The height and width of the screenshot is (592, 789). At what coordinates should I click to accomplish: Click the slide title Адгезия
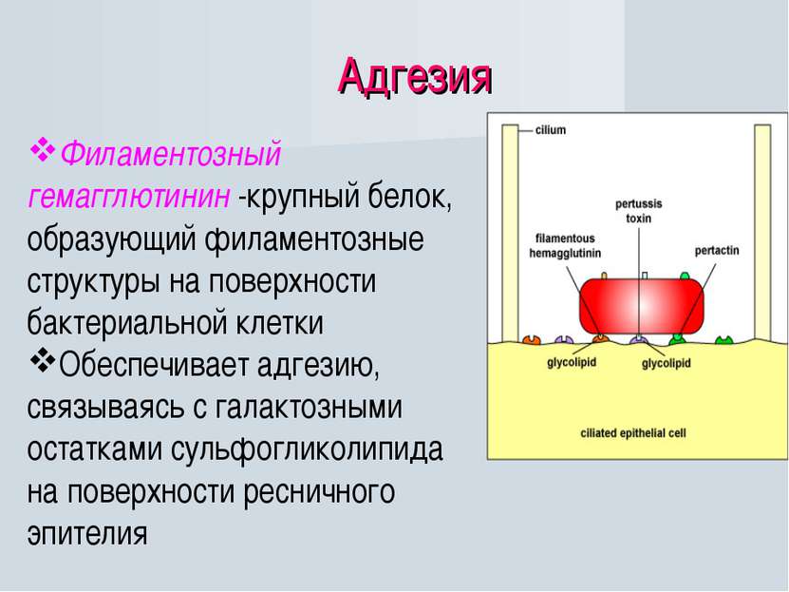coord(415,77)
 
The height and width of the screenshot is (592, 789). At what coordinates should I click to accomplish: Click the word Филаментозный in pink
coord(170,153)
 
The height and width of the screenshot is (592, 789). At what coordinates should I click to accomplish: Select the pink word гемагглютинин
coord(129,196)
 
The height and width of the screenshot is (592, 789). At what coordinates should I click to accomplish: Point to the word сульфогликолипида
coord(307,449)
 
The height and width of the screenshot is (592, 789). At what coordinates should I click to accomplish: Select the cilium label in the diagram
coord(550,130)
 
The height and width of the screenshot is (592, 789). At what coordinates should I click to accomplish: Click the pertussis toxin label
coord(639,211)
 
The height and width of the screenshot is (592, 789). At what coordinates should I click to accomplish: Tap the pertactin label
coord(717,250)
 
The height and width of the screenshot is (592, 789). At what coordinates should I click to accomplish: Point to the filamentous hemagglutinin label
coord(565,246)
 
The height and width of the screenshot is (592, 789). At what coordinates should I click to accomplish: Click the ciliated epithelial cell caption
coord(633,433)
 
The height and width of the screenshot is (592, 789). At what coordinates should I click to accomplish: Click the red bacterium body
coord(642,306)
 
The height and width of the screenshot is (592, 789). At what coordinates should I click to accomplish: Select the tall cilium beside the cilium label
coord(510,234)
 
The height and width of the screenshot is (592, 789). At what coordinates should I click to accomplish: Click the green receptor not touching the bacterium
coord(723,340)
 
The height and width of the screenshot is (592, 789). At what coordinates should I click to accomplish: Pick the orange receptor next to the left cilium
coord(532,340)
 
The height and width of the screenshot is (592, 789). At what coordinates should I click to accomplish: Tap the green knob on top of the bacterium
coord(685,276)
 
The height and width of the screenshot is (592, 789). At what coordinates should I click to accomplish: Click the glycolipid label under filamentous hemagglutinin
coord(572,362)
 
